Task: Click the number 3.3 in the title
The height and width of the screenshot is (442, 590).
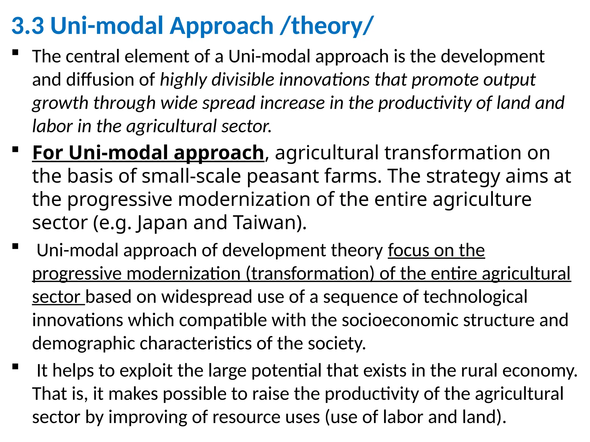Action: [x=28, y=26]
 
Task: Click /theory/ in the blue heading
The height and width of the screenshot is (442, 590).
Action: [x=327, y=26]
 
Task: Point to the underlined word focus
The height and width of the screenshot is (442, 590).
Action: [x=408, y=250]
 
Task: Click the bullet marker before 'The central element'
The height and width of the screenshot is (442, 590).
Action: [x=15, y=53]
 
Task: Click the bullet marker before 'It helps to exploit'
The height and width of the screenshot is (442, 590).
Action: [x=15, y=367]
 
